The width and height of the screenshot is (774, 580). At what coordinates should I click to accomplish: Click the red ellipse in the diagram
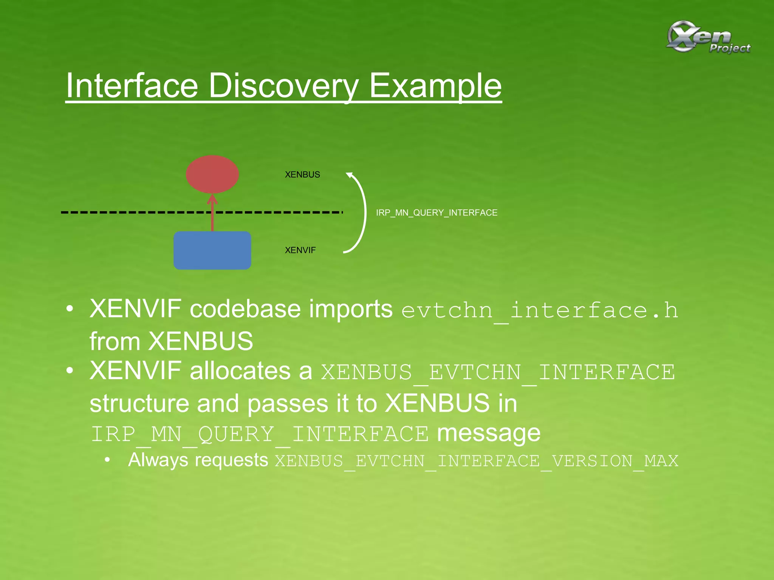pos(212,174)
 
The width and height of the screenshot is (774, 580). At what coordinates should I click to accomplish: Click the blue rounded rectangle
pos(212,250)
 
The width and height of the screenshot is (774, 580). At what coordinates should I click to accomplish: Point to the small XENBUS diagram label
pos(302,174)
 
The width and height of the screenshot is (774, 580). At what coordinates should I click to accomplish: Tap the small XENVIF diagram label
pos(300,250)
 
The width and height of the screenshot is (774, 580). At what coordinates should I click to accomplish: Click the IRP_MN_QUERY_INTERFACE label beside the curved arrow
pos(437,213)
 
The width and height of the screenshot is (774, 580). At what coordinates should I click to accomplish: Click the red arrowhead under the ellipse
pos(212,199)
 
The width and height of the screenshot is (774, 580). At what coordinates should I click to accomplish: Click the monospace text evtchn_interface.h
pos(539,310)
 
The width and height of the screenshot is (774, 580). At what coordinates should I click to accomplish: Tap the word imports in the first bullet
pos(351,309)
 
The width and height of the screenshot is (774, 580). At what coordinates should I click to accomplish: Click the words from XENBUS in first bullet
pos(171,341)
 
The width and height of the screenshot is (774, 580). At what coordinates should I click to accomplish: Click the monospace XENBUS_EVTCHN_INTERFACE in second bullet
pos(498,372)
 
